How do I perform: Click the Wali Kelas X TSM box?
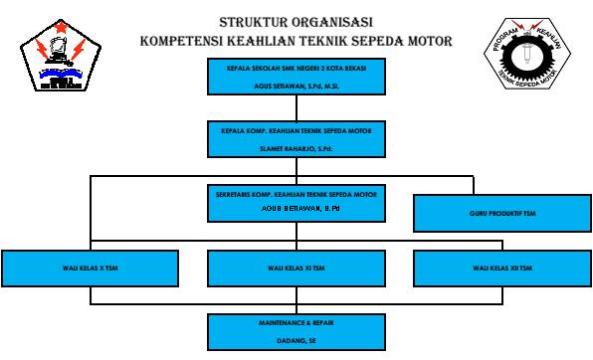click(91, 269)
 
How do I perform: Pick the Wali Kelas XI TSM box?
click(296, 269)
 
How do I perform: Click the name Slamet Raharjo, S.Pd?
click(296, 148)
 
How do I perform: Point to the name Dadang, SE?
click(296, 339)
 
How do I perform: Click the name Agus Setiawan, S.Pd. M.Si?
click(296, 86)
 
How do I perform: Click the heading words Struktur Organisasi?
click(296, 21)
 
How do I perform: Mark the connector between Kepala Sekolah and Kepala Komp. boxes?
click(296, 109)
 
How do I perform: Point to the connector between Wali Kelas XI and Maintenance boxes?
click(296, 299)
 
